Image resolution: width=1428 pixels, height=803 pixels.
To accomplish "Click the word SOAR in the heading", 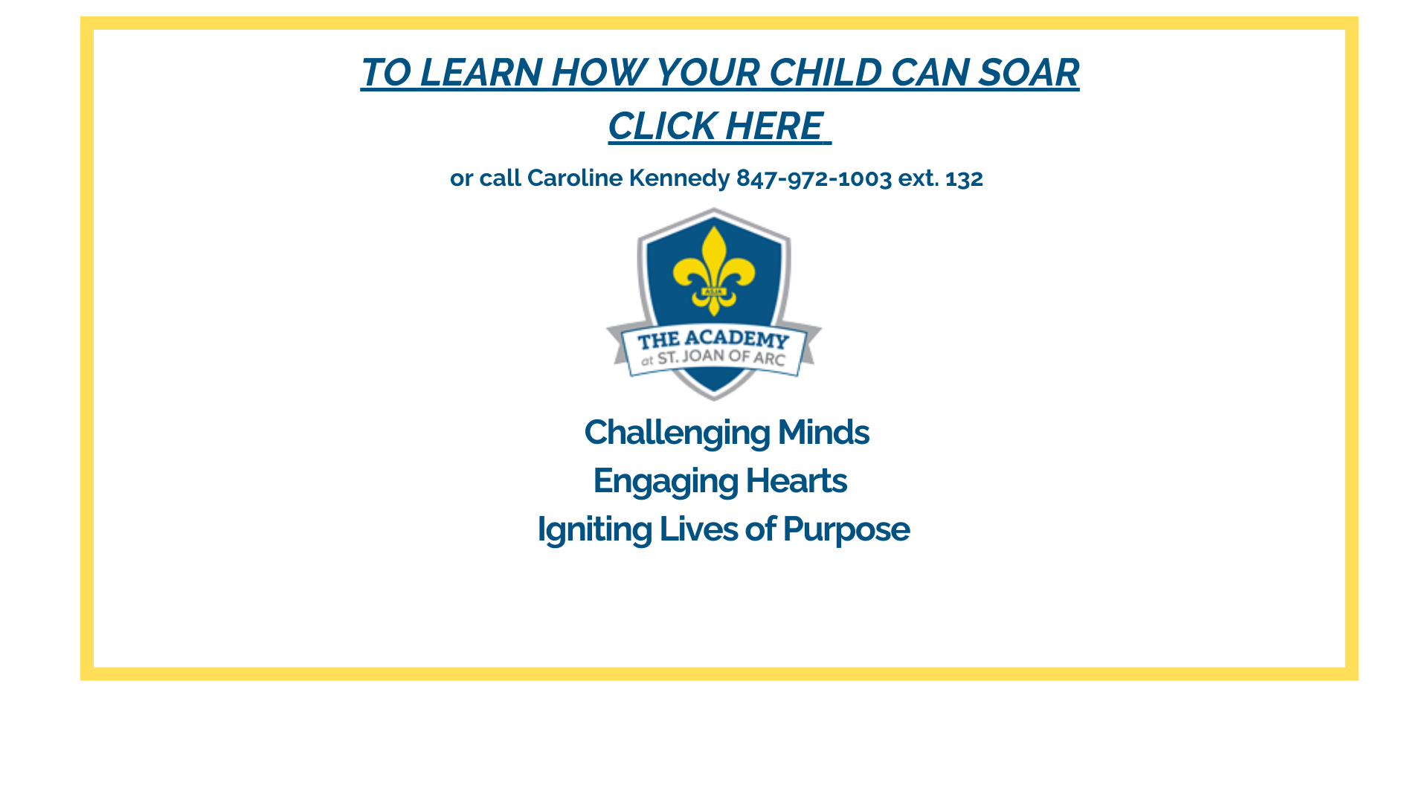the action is (x=1029, y=73).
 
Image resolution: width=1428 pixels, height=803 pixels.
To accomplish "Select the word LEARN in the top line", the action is (x=481, y=73).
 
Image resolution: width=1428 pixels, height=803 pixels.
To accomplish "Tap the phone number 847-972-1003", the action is (x=814, y=178).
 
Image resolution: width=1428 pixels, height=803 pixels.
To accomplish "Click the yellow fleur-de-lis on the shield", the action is (x=714, y=271).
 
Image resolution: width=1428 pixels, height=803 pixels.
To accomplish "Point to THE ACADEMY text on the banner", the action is (x=713, y=340).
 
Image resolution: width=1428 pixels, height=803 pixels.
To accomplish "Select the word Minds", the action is (x=823, y=433).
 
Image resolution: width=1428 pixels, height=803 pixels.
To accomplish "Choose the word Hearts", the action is (x=796, y=481).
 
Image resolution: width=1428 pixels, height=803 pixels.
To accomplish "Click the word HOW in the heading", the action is (x=599, y=73).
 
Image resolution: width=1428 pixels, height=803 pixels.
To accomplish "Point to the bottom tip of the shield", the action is (x=714, y=400).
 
